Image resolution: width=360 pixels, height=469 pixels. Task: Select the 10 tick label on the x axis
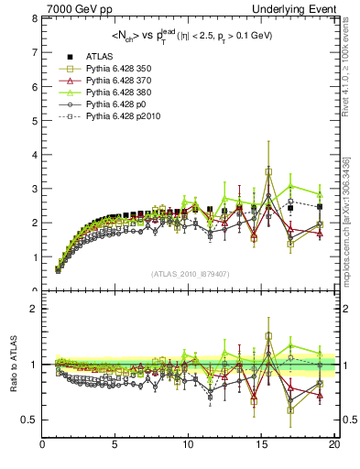tap(188, 446)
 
